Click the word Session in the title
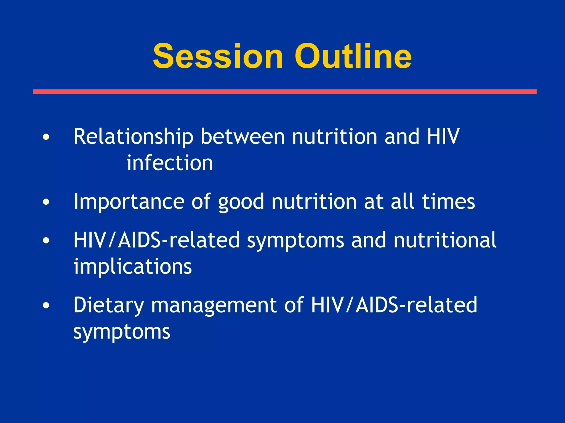[218, 56]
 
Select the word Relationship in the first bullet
[133, 137]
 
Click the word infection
[170, 163]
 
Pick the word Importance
[129, 202]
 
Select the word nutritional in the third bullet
[445, 240]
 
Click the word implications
[133, 267]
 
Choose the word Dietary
[109, 305]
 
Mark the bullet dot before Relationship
[46, 137]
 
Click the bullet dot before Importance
[46, 202]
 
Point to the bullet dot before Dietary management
[46, 305]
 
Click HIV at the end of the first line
[443, 137]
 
